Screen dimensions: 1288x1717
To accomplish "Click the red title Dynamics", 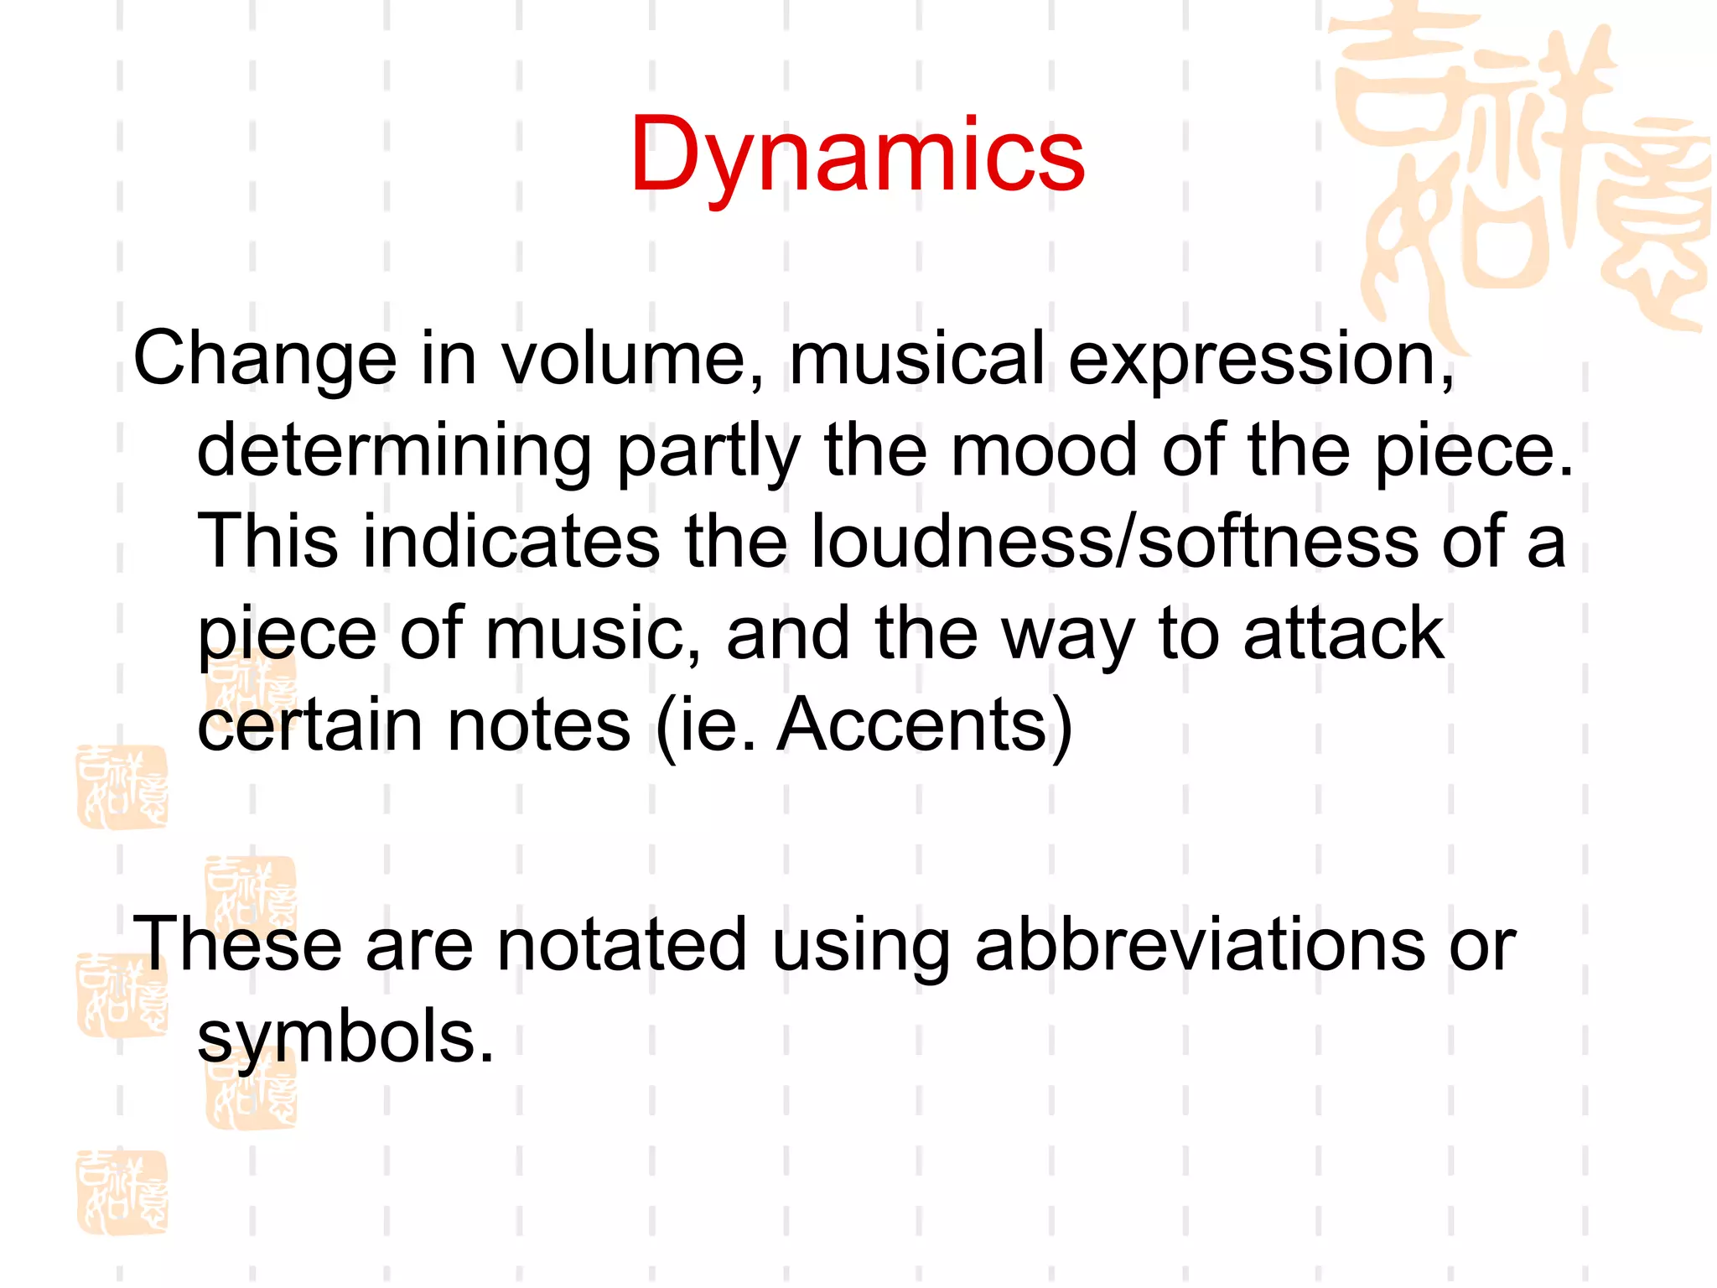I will (857, 156).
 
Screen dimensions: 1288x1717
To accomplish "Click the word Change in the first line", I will (264, 359).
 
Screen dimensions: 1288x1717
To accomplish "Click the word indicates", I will (511, 541).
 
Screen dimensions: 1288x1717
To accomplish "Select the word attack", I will (1343, 633).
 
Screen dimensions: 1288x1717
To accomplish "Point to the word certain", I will (309, 724).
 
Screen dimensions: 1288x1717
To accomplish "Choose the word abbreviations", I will (1200, 944).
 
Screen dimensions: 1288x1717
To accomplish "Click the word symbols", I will (345, 1036).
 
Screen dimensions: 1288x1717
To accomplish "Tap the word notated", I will (621, 944).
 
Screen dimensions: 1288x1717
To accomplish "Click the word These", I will (237, 944).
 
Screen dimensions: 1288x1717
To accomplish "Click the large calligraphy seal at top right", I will (1517, 168).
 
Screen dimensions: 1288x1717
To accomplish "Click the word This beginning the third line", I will (267, 541).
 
